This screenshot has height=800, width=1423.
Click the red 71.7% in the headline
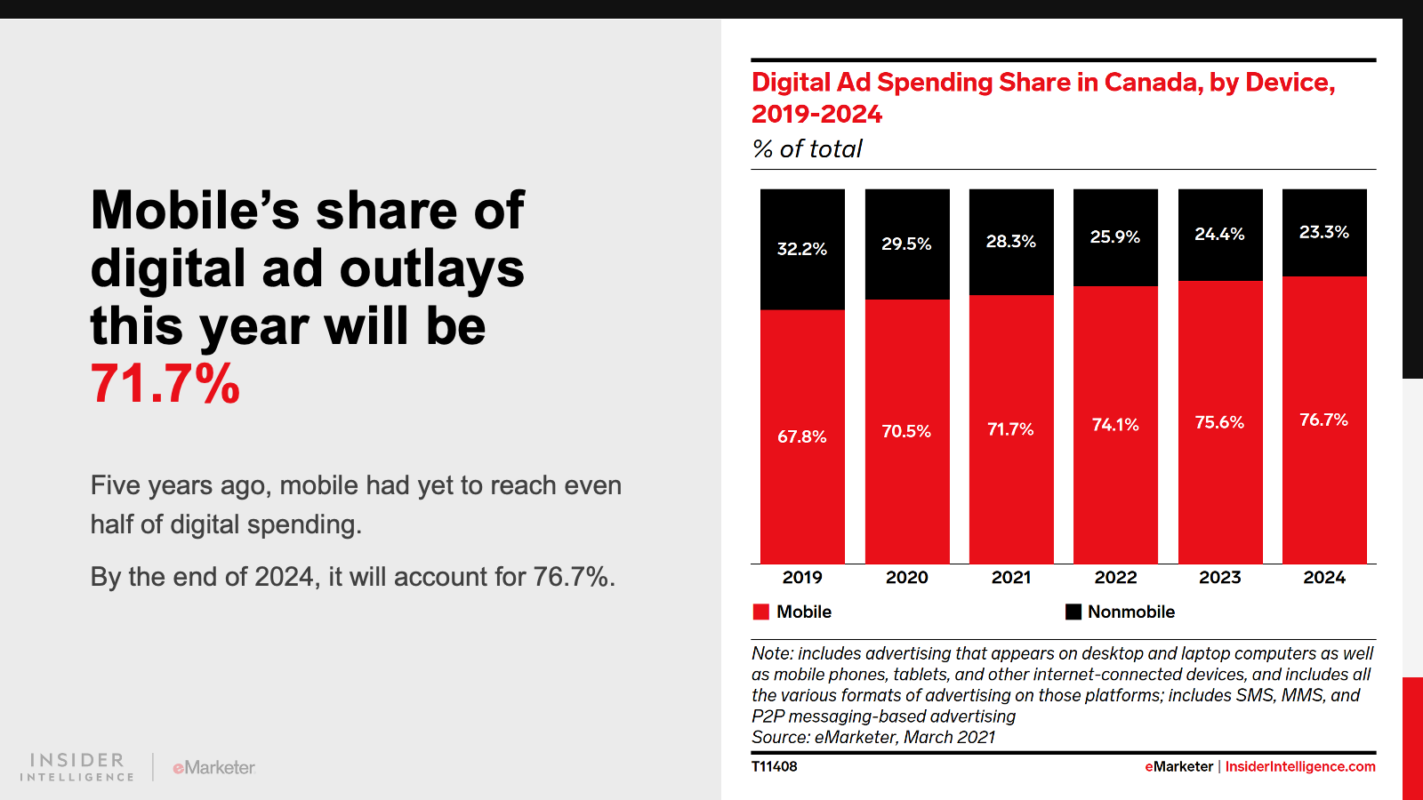click(x=165, y=384)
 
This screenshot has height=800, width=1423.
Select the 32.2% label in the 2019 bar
click(x=801, y=249)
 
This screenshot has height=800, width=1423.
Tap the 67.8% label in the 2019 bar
click(x=801, y=436)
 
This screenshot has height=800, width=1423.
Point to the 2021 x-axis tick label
click(x=1011, y=577)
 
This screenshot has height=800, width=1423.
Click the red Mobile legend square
click(x=761, y=612)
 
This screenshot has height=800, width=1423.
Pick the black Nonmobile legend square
click(x=1073, y=612)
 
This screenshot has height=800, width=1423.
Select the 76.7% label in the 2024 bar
click(x=1323, y=420)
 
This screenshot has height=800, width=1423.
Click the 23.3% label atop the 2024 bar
click(x=1323, y=232)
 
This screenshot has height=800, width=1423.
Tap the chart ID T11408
click(x=774, y=766)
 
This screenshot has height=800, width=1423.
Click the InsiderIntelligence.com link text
click(x=1300, y=766)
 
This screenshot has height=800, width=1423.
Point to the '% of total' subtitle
click(x=807, y=148)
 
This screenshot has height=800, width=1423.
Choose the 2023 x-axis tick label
click(x=1219, y=577)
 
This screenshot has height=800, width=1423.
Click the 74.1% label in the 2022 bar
click(x=1115, y=425)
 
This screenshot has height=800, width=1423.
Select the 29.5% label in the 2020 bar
click(x=906, y=244)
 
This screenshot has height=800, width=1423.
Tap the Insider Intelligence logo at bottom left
click(x=77, y=767)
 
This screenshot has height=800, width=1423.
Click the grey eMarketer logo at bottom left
click(x=213, y=767)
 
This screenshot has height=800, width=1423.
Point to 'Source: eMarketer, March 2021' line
click(x=872, y=737)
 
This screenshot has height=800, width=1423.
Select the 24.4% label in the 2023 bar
click(x=1219, y=234)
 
